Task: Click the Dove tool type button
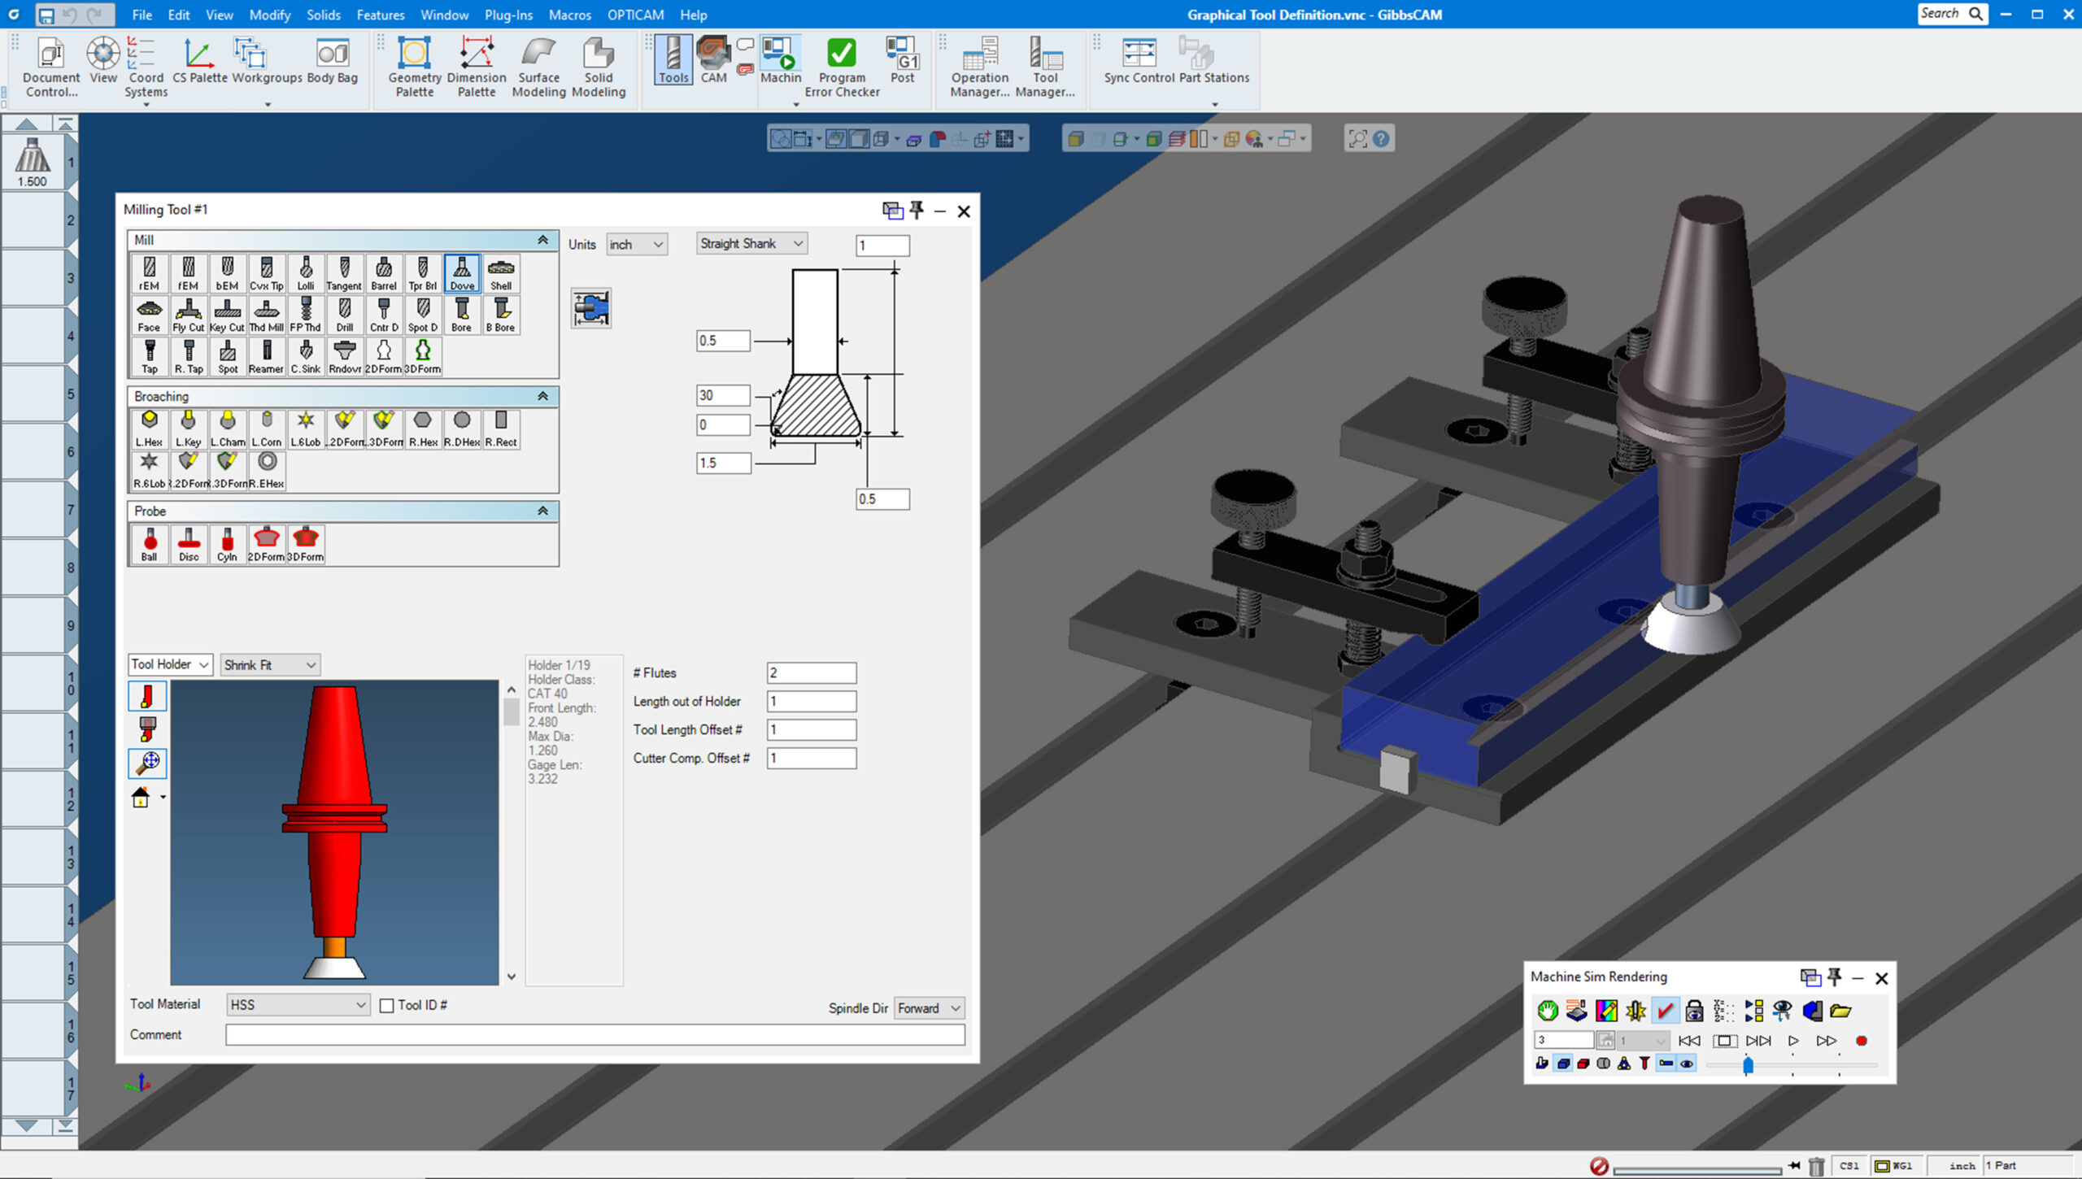(462, 273)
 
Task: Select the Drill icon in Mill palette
(345, 315)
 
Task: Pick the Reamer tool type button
(266, 356)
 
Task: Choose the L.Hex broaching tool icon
(149, 429)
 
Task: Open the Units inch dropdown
(637, 245)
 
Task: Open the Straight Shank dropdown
(751, 244)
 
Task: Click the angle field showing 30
(721, 395)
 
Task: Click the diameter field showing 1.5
(721, 463)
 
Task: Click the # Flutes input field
(811, 673)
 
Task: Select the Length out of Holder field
(811, 702)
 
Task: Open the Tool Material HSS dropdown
(298, 1005)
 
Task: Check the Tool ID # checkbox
(387, 1006)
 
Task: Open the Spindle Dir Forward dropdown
(929, 1008)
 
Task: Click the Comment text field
(595, 1035)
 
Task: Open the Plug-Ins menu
(508, 15)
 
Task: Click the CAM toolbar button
(713, 61)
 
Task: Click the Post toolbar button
(902, 61)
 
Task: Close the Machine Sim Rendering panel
(1881, 978)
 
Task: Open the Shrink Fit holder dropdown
(270, 665)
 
